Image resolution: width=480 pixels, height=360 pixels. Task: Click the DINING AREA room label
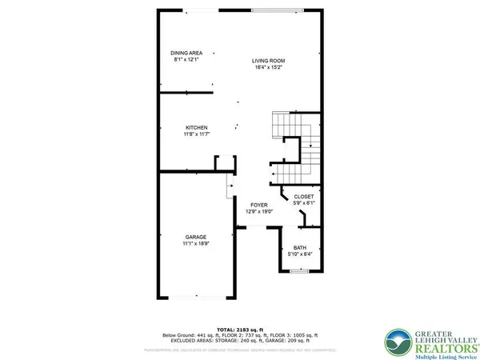180,53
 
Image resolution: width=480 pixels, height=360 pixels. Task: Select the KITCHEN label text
197,128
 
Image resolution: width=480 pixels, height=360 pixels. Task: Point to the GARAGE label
197,237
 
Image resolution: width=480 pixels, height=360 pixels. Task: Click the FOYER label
258,205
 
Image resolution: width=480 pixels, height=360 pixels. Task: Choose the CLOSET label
304,196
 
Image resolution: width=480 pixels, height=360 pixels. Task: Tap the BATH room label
300,247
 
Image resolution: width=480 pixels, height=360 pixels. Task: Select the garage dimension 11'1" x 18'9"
197,243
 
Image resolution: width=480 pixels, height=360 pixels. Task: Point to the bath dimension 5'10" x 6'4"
300,254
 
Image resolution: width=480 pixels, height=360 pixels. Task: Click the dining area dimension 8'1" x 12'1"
180,59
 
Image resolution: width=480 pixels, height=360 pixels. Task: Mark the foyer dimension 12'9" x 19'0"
258,211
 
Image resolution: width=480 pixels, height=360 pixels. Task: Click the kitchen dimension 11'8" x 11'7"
197,134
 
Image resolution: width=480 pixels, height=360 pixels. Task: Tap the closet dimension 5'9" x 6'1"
304,202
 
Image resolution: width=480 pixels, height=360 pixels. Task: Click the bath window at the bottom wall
300,272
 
